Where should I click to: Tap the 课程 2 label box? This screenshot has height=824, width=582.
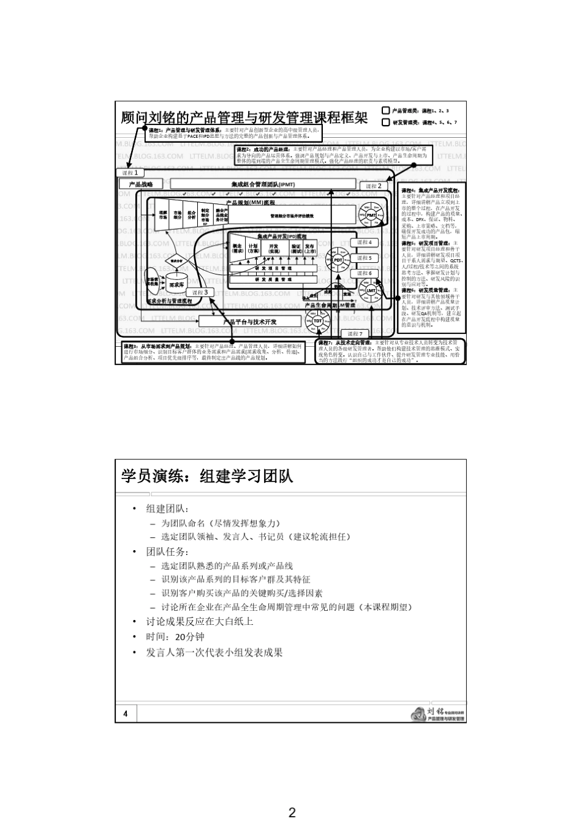[x=373, y=186]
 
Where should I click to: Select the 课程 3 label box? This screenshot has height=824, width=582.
[x=200, y=293]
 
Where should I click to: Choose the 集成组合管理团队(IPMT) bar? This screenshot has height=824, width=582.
[x=263, y=184]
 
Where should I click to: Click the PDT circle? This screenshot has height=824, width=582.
[x=338, y=260]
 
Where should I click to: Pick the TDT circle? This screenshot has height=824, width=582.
[x=318, y=320]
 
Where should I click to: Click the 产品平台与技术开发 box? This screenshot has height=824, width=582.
[x=250, y=322]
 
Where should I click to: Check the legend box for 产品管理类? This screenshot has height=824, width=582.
[x=385, y=111]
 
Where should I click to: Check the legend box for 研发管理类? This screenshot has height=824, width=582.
[x=385, y=122]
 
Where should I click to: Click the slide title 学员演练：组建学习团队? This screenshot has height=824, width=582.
[x=207, y=476]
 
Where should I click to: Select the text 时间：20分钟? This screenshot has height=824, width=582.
[x=175, y=637]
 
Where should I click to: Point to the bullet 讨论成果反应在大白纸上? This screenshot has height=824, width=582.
[x=199, y=621]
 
